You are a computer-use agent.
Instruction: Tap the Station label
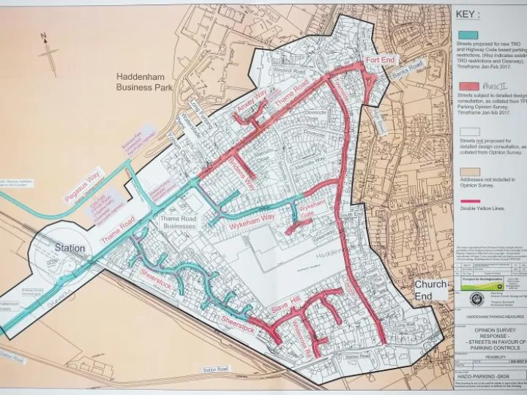(x=70, y=248)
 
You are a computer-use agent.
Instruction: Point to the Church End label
(x=430, y=290)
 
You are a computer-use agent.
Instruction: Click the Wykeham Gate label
(x=307, y=217)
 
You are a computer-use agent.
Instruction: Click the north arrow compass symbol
(x=48, y=53)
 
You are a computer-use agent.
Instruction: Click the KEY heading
(x=469, y=13)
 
